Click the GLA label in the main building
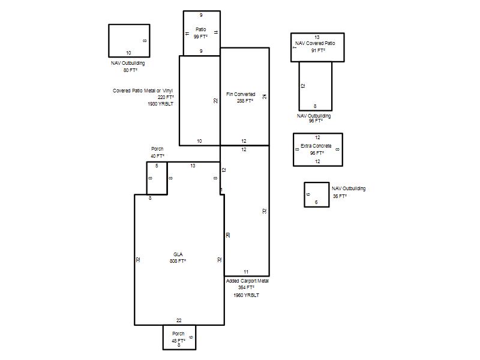tap(178, 254)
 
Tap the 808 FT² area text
tap(178, 261)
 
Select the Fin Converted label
tap(241, 94)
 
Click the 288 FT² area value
tap(245, 101)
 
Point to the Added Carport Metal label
tap(247, 281)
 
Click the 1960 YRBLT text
tap(247, 295)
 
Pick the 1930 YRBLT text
tap(160, 104)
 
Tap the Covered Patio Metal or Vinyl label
tap(143, 91)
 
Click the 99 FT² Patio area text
tap(200, 37)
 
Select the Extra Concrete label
tap(316, 146)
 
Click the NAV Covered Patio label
tap(315, 43)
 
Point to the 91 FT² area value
tap(318, 50)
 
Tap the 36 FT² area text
tap(340, 196)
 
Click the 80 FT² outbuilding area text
tap(130, 70)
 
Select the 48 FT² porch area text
tap(178, 341)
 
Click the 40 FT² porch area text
tap(157, 156)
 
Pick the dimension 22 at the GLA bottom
tap(179, 320)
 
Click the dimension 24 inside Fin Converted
tap(265, 97)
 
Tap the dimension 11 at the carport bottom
tap(246, 272)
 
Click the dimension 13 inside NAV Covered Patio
tap(317, 37)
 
